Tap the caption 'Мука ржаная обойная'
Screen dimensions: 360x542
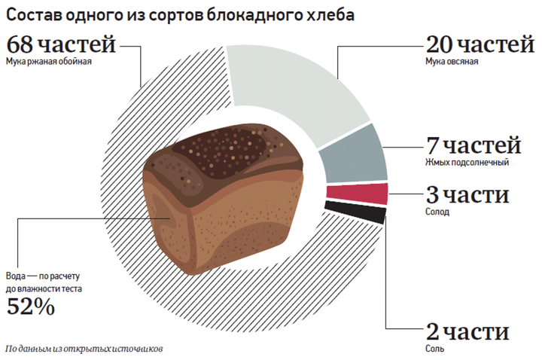click(x=48, y=62)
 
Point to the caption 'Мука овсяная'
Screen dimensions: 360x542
click(x=452, y=62)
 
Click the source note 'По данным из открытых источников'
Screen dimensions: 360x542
click(x=83, y=349)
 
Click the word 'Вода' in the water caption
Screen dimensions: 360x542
click(x=19, y=275)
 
